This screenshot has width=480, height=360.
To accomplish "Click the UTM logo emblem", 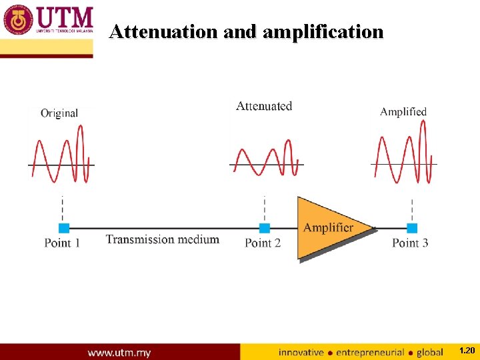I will tap(18, 20).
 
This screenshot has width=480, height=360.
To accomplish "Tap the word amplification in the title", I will tap(323, 32).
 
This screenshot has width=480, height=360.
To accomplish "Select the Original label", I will tap(59, 113).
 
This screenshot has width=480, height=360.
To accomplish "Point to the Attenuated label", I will tap(264, 106).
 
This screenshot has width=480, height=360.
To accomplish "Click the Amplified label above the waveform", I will tap(403, 111).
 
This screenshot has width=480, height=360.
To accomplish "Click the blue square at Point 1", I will tap(64, 228).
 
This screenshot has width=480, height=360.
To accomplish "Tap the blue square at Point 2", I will tap(265, 228).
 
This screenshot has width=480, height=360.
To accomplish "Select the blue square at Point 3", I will tap(412, 228).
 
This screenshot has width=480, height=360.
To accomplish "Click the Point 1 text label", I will tap(62, 243).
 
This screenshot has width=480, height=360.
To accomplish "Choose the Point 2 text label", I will tap(263, 243).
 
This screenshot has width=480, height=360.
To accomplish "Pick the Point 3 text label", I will tap(410, 243).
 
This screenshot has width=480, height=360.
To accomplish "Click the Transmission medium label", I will tap(162, 239).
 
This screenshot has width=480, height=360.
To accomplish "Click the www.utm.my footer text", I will tap(119, 352).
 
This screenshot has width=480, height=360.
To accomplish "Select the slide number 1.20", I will tap(467, 351).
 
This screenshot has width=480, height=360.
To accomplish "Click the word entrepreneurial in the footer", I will tap(371, 352).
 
